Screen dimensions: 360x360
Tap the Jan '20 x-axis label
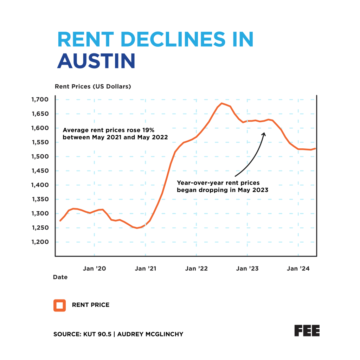click(94, 269)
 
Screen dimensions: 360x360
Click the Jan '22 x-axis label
click(197, 269)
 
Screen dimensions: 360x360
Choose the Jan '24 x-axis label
click(298, 269)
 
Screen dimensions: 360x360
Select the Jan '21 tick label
click(146, 269)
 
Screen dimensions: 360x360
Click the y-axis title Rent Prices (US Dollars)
click(92, 86)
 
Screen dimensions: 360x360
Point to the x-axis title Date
click(60, 277)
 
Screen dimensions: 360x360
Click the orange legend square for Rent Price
click(59, 305)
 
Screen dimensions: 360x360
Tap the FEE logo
click(307, 330)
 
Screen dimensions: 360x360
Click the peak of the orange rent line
click(222, 103)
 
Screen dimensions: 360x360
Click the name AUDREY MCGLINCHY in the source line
click(150, 334)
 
